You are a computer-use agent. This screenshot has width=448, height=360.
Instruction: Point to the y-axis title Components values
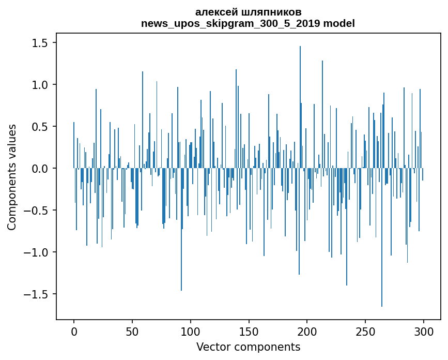(12, 176)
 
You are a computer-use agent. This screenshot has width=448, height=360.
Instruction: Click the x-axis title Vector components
(248, 347)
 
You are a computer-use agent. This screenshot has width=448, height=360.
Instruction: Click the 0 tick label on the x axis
(74, 331)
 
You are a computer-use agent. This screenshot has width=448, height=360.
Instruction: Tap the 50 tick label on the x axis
(132, 331)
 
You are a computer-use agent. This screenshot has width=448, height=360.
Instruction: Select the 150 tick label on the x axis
(249, 331)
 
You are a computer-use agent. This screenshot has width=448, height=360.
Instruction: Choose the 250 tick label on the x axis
(365, 331)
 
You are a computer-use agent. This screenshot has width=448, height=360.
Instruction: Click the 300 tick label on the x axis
(423, 331)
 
